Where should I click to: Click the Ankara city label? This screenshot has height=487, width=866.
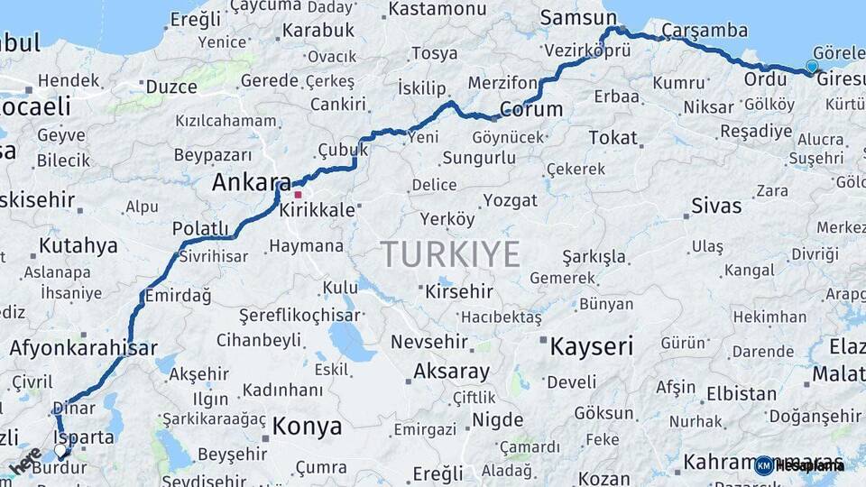251,182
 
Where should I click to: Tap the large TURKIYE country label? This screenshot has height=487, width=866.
450,254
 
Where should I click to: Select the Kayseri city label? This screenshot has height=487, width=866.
591,346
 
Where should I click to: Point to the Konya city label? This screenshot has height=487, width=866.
307,427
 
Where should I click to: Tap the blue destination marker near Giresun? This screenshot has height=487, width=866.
812,66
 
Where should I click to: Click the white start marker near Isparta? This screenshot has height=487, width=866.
60,449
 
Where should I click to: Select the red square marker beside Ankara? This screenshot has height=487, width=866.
299,194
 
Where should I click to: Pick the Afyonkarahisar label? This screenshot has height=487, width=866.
83,348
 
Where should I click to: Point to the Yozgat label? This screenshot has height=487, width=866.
510,199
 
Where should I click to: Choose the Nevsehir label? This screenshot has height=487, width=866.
429,343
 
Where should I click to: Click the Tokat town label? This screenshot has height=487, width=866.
613,138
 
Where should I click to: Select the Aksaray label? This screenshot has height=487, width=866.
451,372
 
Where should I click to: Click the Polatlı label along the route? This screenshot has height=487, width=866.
200,229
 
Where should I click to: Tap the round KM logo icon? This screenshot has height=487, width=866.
763,465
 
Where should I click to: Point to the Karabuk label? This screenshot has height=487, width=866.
318,31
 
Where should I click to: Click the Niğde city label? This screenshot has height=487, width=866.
497,420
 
